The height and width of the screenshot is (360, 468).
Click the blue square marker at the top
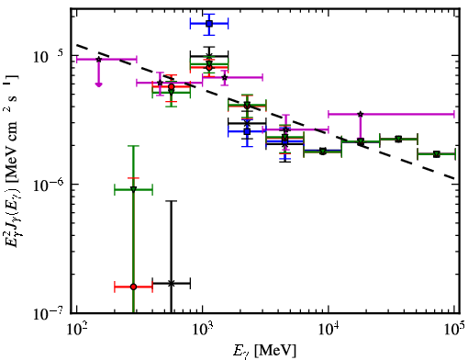click(209, 24)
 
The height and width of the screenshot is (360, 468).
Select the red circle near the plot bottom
click(133, 287)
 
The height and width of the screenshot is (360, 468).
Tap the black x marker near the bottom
click(172, 284)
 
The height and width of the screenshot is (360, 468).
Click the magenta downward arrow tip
click(98, 85)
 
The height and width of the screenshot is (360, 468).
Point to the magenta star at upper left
click(98, 60)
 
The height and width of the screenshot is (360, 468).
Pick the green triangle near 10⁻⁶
click(133, 189)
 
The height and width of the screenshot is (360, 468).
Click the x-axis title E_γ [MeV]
click(264, 351)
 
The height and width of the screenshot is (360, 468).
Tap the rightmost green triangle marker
click(437, 154)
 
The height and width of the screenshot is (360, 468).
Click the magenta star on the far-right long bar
click(361, 114)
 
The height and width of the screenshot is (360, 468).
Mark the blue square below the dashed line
click(247, 131)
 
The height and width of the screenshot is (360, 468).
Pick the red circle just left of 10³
click(172, 86)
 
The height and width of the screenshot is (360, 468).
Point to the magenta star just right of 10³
click(225, 77)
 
